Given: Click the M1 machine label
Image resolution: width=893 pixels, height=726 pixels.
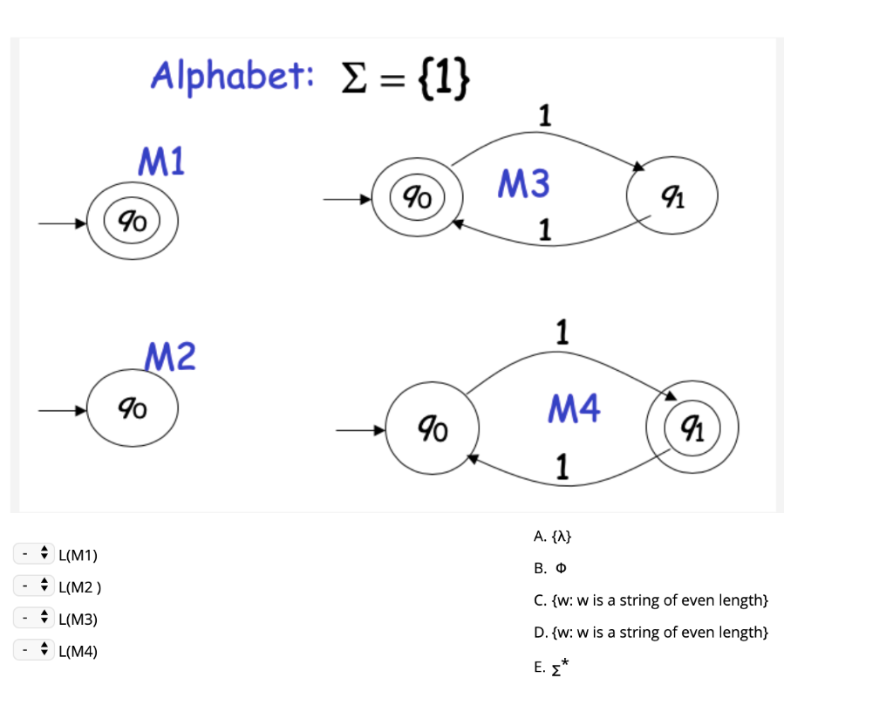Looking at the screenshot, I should pyautogui.click(x=161, y=161).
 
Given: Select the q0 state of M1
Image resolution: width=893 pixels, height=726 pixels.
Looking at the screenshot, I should pyautogui.click(x=133, y=223).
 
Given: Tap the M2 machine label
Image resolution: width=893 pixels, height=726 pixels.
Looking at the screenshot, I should pyautogui.click(x=170, y=357).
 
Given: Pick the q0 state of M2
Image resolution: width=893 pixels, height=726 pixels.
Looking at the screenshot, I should pyautogui.click(x=133, y=408).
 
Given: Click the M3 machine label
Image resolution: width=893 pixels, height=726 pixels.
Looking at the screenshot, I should pyautogui.click(x=523, y=184).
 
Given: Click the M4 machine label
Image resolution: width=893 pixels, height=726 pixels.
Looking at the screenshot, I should pyautogui.click(x=574, y=408).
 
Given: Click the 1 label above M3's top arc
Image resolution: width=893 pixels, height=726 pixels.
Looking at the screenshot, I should pyautogui.click(x=545, y=115).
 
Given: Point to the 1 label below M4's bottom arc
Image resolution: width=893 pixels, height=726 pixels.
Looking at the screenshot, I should pyautogui.click(x=562, y=469).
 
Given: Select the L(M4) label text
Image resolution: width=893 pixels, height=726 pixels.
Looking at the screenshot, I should pyautogui.click(x=78, y=651).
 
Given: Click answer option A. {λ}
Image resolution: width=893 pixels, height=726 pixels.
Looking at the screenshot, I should pyautogui.click(x=553, y=536).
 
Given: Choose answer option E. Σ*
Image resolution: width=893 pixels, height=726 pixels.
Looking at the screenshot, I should pyautogui.click(x=550, y=668).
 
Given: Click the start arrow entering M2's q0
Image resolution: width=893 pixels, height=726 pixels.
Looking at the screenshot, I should pyautogui.click(x=61, y=408).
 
